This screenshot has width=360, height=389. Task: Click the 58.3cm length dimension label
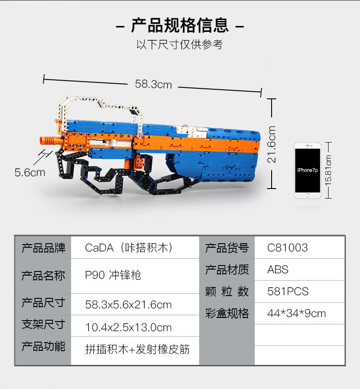coord(153,84)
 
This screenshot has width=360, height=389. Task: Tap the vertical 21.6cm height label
coord(272,144)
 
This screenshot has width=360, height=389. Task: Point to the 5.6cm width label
coord(30,173)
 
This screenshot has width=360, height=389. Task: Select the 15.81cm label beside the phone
coord(328,170)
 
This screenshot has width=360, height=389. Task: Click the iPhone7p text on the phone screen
coord(308,170)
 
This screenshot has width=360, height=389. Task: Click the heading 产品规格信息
coord(180,26)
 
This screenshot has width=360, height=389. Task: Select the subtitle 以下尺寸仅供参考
coord(180,45)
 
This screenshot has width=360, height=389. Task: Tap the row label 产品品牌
coord(43,248)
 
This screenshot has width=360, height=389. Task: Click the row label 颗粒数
coord(227,292)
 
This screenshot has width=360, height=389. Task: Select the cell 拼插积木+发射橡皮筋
coord(137,349)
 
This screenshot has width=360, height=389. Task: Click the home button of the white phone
coord(308,195)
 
